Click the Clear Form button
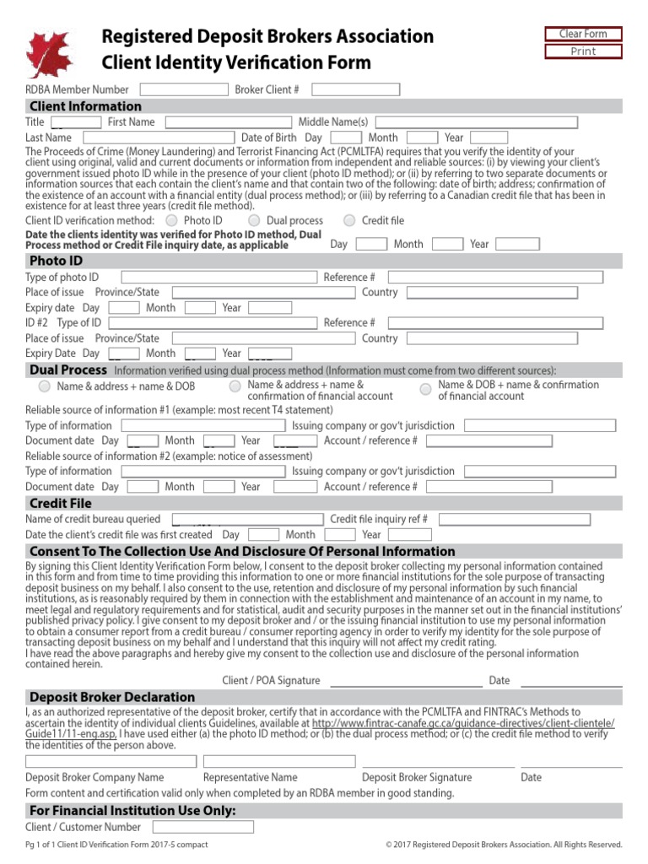583,34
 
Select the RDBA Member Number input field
184,89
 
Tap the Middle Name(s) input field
476,122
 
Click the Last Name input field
158,138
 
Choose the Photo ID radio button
172,221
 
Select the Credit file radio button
349,221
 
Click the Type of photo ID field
219,278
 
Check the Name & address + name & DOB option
44,386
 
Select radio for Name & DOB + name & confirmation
425,389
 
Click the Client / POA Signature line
405,680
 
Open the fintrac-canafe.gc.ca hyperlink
463,724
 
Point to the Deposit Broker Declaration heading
112,697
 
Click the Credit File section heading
61,504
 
